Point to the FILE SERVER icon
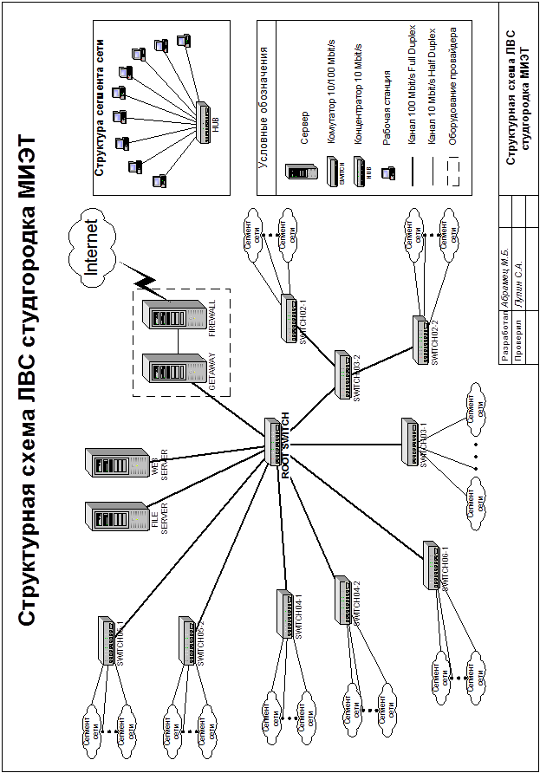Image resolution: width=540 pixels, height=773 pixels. (x=117, y=517)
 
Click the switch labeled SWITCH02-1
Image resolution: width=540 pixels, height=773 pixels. (x=289, y=316)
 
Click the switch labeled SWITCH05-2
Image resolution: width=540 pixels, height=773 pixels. (x=185, y=640)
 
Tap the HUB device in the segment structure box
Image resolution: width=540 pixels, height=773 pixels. (x=205, y=121)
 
